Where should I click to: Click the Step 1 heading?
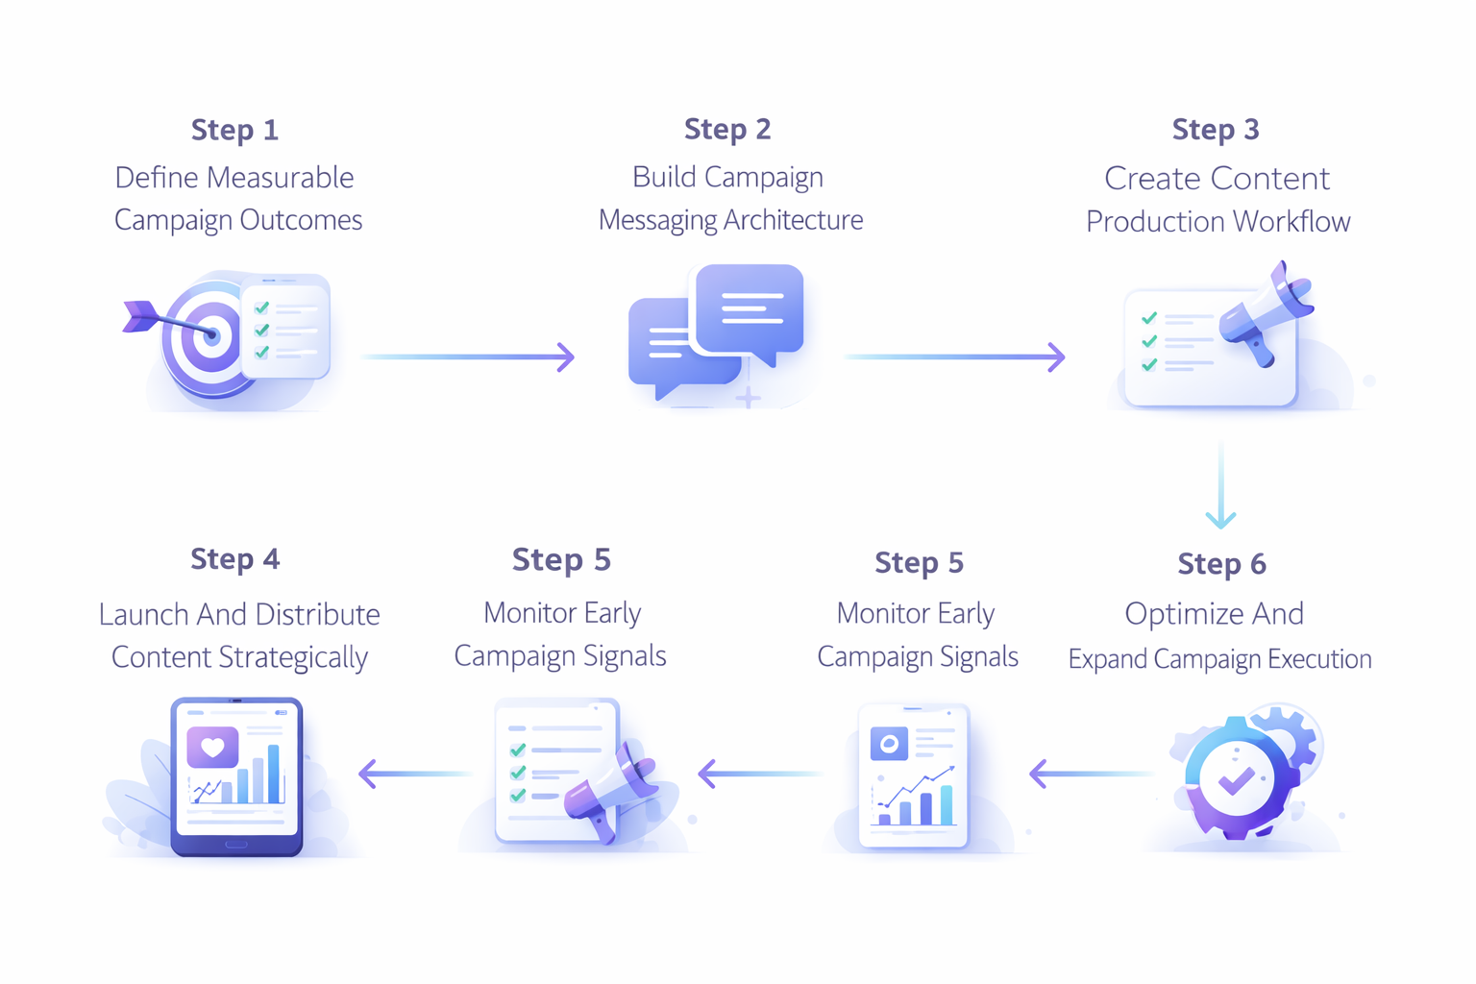click(x=234, y=130)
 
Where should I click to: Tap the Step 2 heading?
click(x=727, y=129)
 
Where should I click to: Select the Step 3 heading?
click(x=1216, y=130)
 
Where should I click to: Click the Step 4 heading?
click(x=234, y=559)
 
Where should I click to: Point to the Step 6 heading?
click(x=1221, y=564)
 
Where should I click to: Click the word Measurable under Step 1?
click(x=281, y=178)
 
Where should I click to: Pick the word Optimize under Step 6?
click(x=1178, y=614)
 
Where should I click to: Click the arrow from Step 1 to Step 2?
click(x=468, y=357)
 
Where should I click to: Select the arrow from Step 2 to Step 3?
click(x=954, y=357)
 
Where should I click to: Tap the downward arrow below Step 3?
click(x=1220, y=485)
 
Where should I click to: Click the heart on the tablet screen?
click(x=212, y=747)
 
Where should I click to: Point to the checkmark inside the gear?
click(x=1236, y=779)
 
